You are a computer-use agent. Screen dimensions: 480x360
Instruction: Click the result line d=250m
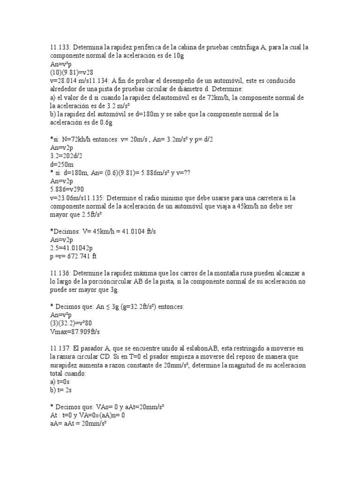pyautogui.click(x=62, y=165)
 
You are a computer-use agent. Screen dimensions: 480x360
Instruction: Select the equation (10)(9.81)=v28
pyautogui.click(x=73, y=73)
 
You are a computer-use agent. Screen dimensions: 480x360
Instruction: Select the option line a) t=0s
pyautogui.click(x=60, y=382)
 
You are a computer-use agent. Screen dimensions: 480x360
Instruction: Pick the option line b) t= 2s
pyautogui.click(x=60, y=390)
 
